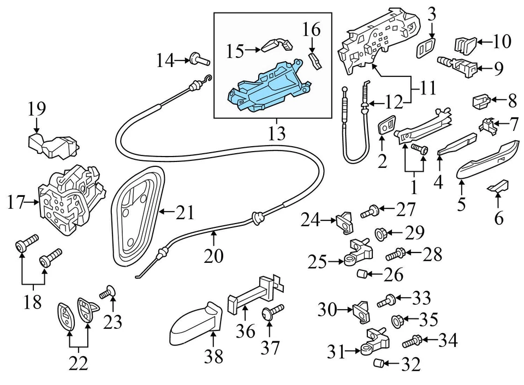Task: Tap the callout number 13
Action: tap(277, 133)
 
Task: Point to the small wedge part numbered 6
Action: tap(498, 187)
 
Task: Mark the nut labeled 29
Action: tap(380, 234)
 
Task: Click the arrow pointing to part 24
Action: tap(329, 220)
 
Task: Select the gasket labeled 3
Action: tap(425, 48)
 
